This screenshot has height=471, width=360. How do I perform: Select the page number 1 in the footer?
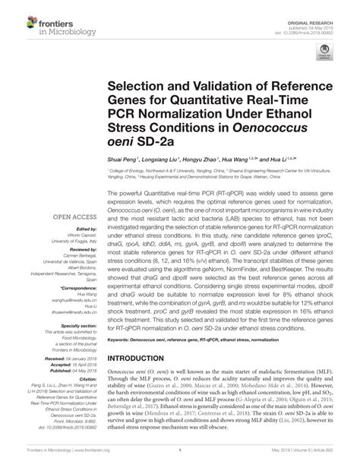coord(180,460)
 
